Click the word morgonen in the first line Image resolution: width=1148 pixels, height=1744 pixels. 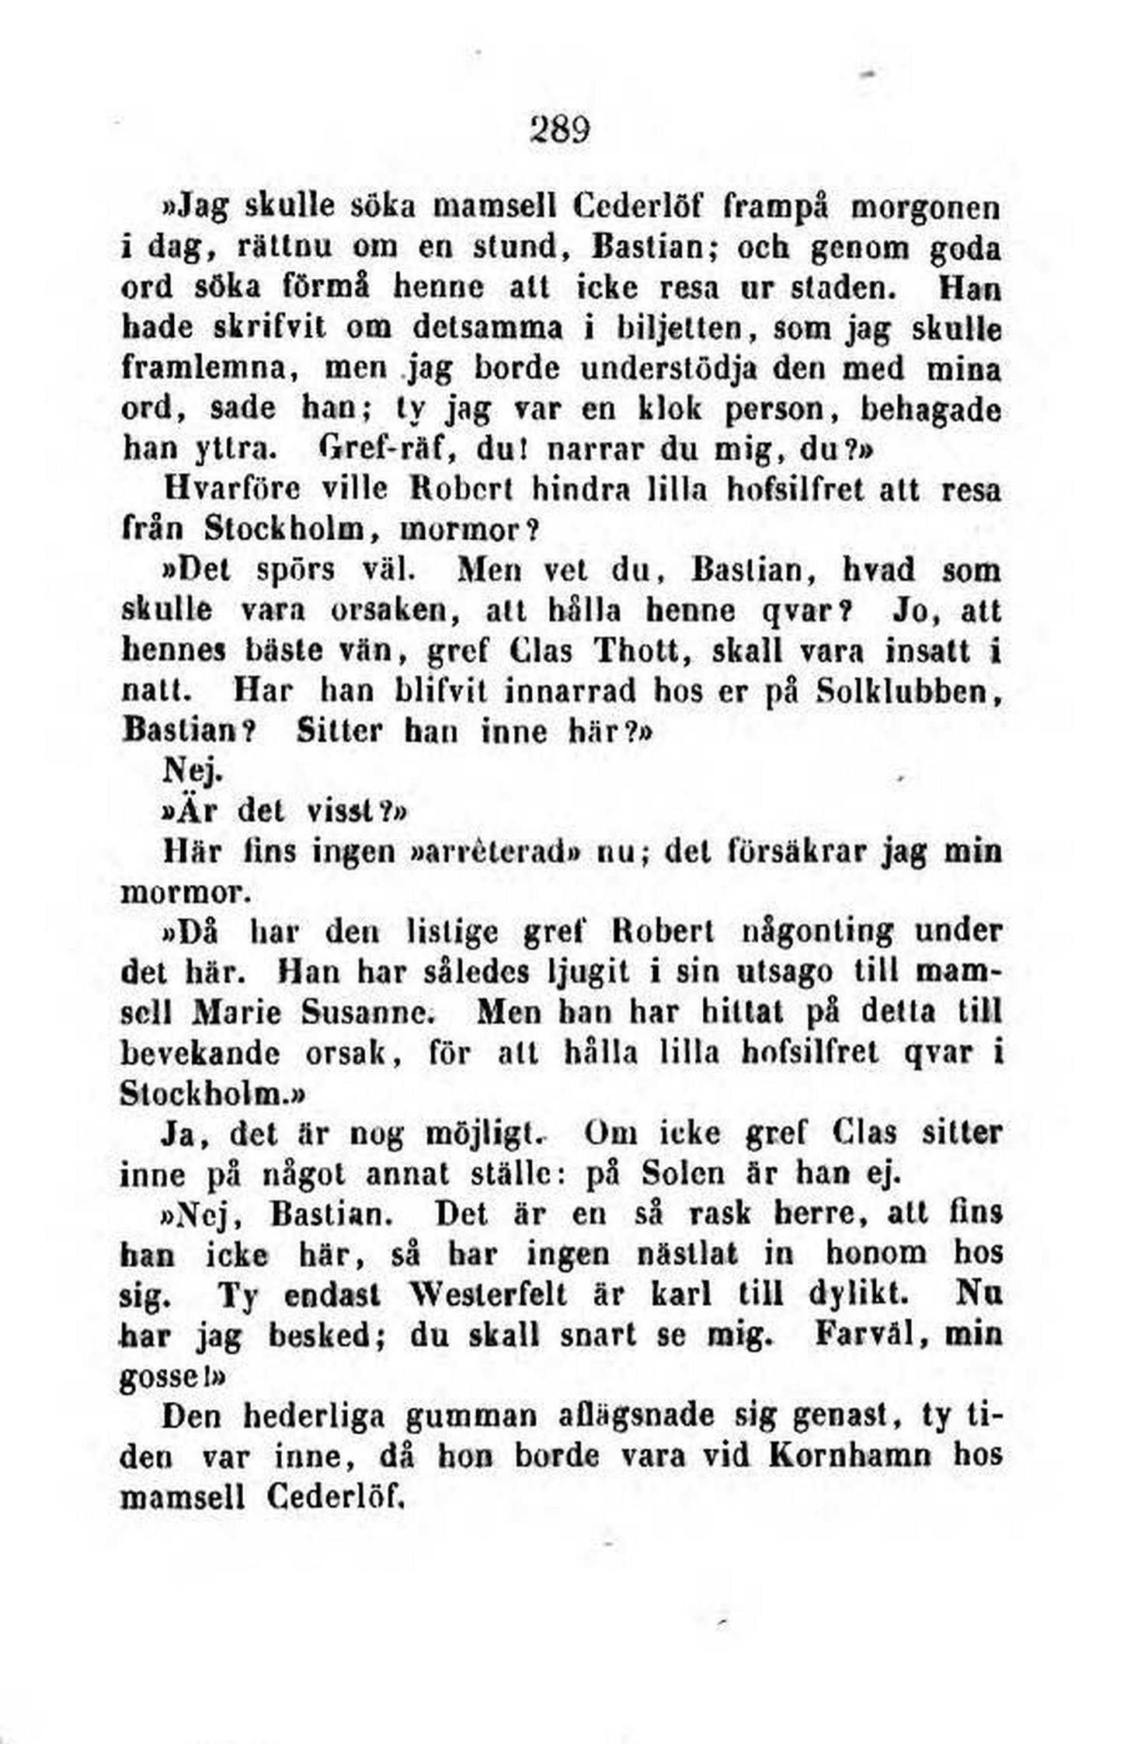click(927, 209)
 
